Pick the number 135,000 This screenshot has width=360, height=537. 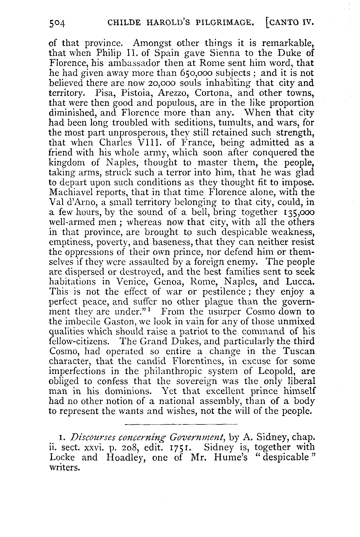point(295,212)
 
